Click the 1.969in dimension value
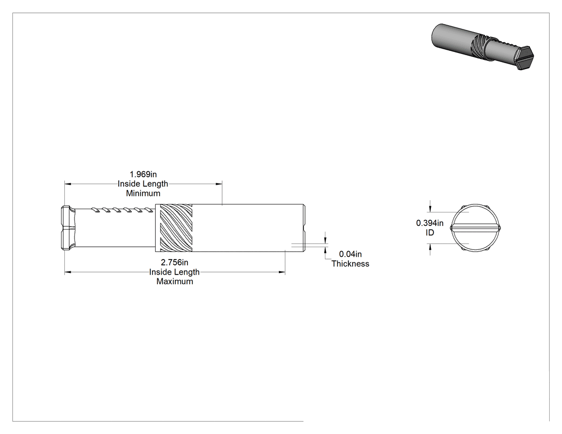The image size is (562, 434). tap(143, 174)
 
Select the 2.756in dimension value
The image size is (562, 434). tap(174, 262)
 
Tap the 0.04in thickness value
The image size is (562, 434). tap(350, 254)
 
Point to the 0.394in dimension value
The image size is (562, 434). tap(430, 223)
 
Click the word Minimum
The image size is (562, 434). tap(143, 193)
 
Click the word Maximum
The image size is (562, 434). tap(174, 281)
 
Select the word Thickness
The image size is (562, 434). tap(350, 264)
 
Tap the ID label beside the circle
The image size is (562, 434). tap(430, 233)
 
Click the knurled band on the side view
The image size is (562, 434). tap(176, 228)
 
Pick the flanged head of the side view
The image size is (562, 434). tap(68, 227)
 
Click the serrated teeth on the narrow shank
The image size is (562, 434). tap(122, 210)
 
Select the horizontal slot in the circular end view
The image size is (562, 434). tap(476, 227)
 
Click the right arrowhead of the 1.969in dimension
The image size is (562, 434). tap(219, 184)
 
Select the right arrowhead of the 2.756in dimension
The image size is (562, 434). tap(282, 272)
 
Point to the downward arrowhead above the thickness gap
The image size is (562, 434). tap(325, 240)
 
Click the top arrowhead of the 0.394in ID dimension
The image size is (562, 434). tap(430, 208)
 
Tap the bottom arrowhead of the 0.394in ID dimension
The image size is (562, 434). tap(430, 247)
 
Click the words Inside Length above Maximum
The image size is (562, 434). tap(174, 272)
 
